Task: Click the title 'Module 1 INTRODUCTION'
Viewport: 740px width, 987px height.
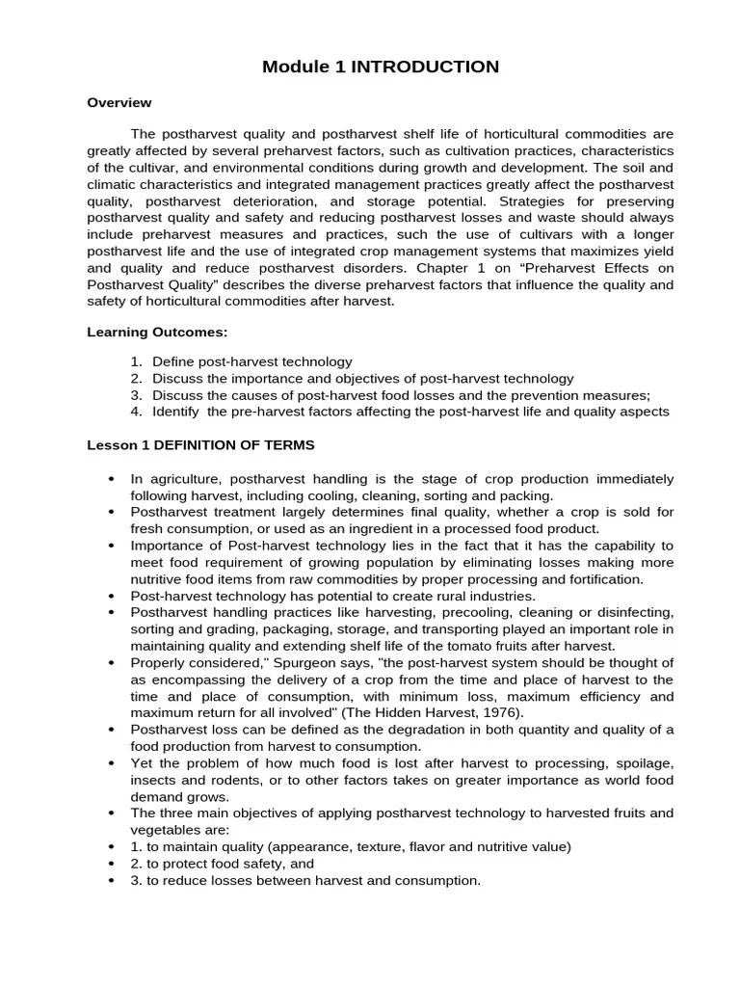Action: [x=382, y=67]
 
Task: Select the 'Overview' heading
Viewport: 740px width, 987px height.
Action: [x=119, y=102]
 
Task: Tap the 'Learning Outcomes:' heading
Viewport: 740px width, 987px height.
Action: [x=157, y=332]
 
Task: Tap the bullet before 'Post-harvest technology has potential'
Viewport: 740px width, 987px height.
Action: [x=113, y=597]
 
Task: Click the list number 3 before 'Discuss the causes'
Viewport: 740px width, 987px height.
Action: [x=137, y=395]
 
